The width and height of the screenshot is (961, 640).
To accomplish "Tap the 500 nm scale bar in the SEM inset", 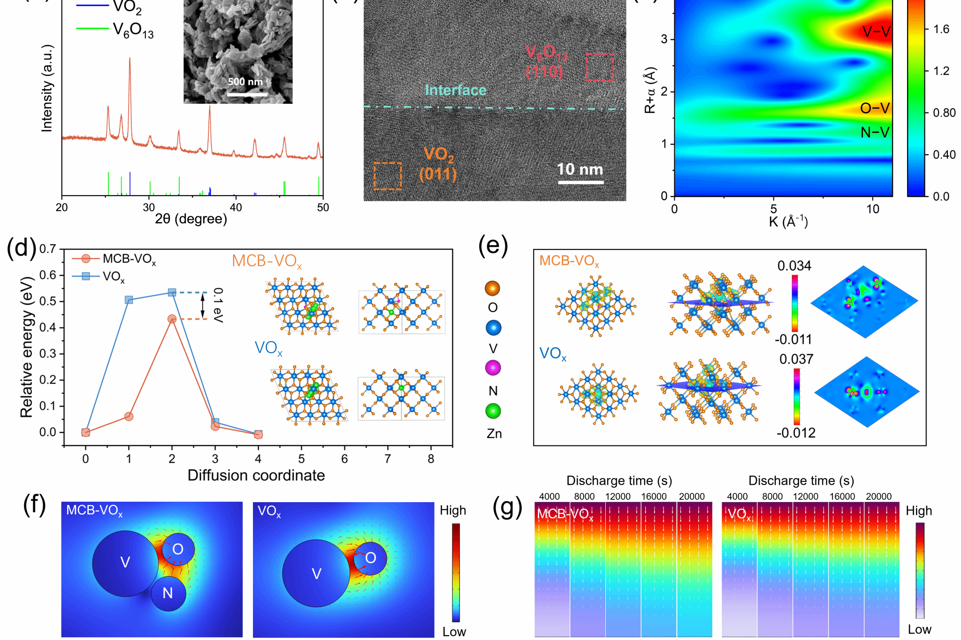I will click(x=247, y=95).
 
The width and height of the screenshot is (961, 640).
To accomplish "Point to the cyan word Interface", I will click(x=455, y=90).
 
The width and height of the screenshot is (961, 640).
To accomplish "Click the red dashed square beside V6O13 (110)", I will click(x=600, y=68).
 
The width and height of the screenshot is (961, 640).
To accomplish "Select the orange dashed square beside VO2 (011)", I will click(x=388, y=176).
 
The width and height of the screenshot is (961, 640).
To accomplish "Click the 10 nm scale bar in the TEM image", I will click(x=580, y=182).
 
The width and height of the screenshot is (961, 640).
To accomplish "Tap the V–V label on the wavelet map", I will click(x=876, y=31).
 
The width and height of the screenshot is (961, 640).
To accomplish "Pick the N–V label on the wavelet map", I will click(x=875, y=133).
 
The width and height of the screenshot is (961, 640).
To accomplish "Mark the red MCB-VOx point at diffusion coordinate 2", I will click(x=172, y=319).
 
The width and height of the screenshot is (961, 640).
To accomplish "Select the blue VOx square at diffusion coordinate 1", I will click(x=129, y=300).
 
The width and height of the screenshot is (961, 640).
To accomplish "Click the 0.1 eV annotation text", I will click(x=218, y=305).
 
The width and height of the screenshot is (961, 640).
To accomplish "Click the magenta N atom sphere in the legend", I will click(x=493, y=368).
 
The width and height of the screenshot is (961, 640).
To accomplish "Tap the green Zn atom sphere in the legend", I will click(x=493, y=411).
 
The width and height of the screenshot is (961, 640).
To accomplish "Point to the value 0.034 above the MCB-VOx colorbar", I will click(x=794, y=266).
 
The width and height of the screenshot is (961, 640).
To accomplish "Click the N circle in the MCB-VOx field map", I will click(x=168, y=593).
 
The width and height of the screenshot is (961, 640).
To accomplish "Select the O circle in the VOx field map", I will click(x=371, y=558).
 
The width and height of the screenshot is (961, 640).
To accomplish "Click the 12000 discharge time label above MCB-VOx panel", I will click(x=618, y=497).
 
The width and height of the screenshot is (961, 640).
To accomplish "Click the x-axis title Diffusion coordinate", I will click(x=256, y=475).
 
